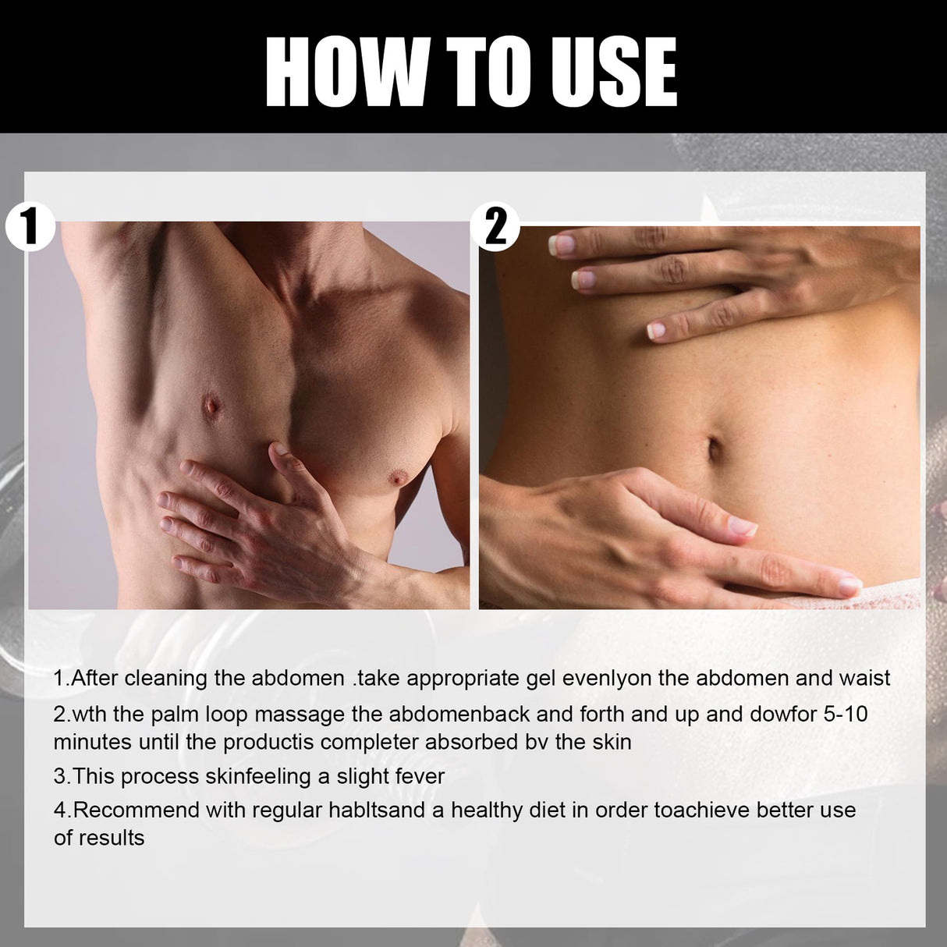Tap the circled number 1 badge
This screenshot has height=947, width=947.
click(29, 226)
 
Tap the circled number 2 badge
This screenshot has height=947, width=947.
click(496, 227)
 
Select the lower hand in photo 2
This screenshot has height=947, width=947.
click(647, 530)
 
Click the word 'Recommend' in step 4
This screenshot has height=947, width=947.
click(137, 810)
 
